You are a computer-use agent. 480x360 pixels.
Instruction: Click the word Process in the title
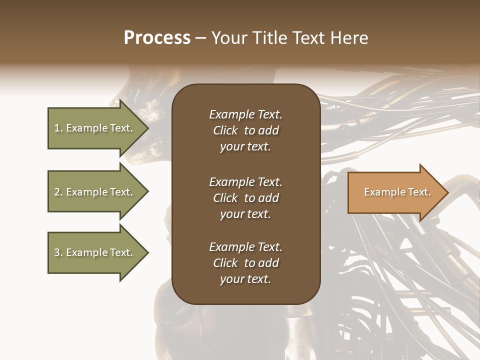pyautogui.click(x=157, y=38)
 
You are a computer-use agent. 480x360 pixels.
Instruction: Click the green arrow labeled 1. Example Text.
pyautogui.click(x=95, y=128)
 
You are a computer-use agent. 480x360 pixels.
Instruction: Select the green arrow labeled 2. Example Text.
pyautogui.click(x=95, y=192)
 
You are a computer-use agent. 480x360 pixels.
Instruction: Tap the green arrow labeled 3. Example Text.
pyautogui.click(x=95, y=252)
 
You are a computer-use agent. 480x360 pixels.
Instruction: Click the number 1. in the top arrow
pyautogui.click(x=58, y=128)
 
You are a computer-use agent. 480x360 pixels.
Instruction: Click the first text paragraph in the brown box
pyautogui.click(x=245, y=130)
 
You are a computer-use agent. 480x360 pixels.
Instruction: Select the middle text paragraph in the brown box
pyautogui.click(x=245, y=197)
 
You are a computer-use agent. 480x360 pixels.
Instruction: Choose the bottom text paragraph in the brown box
pyautogui.click(x=245, y=263)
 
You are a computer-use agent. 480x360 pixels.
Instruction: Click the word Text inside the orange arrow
pyautogui.click(x=418, y=192)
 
